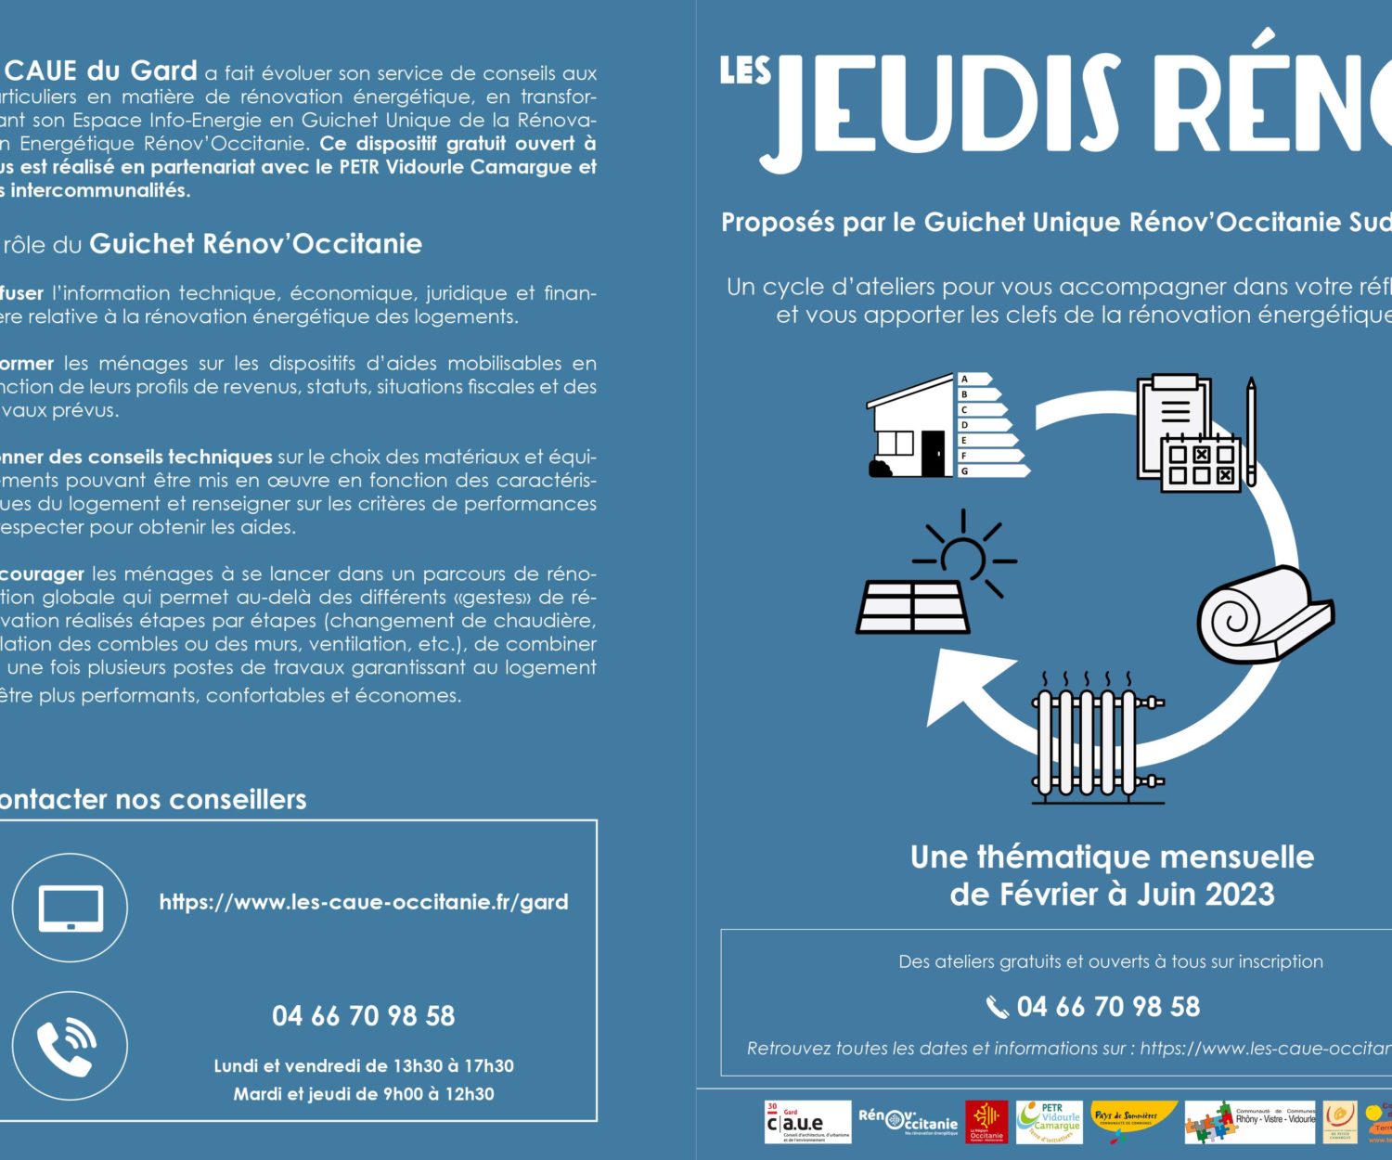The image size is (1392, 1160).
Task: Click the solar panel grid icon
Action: pos(913,607)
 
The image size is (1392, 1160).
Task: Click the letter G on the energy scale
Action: pos(965,470)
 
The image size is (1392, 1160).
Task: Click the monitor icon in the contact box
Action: pos(71,908)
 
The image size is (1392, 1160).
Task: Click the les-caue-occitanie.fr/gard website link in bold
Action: pos(364,902)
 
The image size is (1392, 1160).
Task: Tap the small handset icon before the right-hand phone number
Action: pos(997,1007)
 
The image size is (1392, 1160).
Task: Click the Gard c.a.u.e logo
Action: pos(806,1122)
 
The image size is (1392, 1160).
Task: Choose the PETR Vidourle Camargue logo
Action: pos(1050,1121)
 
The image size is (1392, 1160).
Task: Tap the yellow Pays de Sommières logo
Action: pos(1132,1119)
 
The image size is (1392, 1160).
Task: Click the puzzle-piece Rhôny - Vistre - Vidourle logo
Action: pos(1249,1122)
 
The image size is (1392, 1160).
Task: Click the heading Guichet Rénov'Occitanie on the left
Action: pos(255,244)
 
